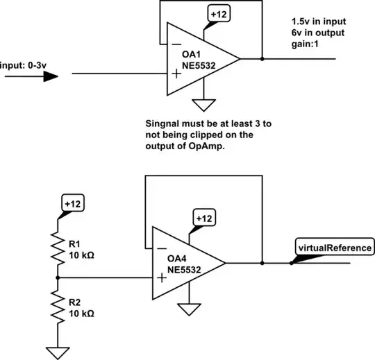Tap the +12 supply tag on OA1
(217, 13)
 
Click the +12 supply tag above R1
(72, 204)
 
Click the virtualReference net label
(335, 247)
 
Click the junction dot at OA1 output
(262, 59)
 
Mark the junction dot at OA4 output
(262, 263)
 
